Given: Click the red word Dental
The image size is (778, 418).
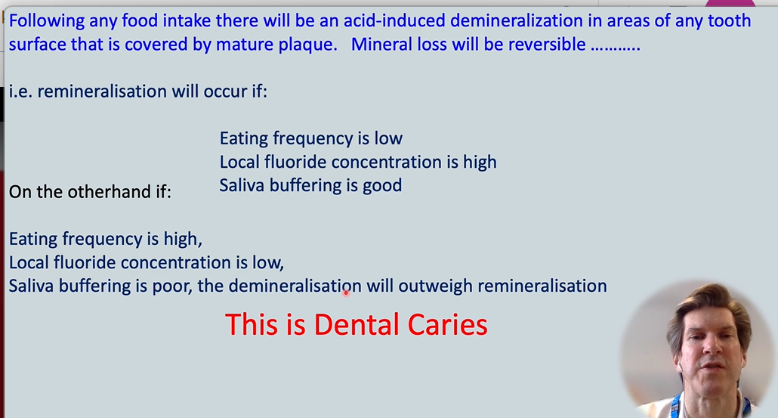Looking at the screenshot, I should [x=357, y=324].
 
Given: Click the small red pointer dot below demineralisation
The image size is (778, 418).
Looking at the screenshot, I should [x=346, y=293].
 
